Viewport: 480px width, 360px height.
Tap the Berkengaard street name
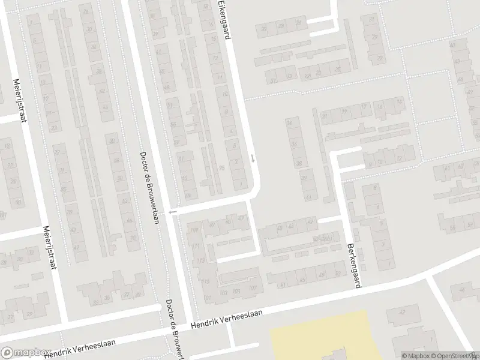tap(353, 265)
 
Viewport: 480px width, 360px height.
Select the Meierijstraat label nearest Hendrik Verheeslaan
tap(49, 248)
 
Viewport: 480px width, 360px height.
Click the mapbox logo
tap(25, 353)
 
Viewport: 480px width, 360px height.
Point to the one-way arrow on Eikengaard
tap(253, 159)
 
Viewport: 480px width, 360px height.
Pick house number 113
tap(200, 260)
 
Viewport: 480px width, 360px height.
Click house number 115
tap(206, 282)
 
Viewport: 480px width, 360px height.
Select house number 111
tap(196, 246)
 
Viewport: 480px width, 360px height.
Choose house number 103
tap(223, 293)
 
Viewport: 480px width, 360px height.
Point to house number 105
tap(236, 292)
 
